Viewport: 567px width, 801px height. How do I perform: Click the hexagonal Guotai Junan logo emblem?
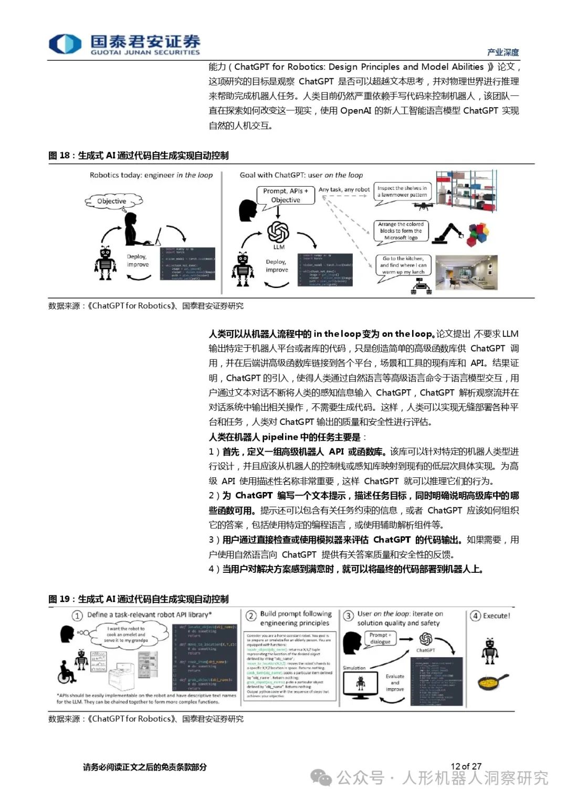tap(65, 44)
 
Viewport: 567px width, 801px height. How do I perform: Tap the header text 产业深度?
tap(502, 52)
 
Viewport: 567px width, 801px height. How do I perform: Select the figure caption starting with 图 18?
tap(138, 155)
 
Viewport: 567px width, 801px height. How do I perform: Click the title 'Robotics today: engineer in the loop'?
tap(151, 175)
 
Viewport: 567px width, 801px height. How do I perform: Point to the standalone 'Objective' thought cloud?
tap(111, 201)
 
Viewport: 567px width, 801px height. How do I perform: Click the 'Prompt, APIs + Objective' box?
tap(286, 195)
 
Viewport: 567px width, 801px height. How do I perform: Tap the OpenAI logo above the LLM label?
tap(278, 231)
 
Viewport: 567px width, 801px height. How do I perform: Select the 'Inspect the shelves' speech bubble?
tap(402, 191)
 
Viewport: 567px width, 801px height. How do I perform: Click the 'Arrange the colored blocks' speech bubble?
tap(401, 231)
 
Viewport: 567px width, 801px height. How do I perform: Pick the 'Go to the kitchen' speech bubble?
tap(403, 265)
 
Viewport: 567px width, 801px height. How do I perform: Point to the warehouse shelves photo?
tap(466, 191)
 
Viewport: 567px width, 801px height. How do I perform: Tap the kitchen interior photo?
tap(466, 272)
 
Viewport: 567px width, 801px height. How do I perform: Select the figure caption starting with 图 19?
tap(138, 599)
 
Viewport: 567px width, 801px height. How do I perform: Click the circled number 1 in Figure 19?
tap(78, 616)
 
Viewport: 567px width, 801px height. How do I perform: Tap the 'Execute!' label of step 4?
tap(496, 616)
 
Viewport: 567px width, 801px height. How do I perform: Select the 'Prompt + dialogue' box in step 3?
tap(380, 638)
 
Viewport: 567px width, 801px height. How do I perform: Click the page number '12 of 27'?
tap(466, 766)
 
